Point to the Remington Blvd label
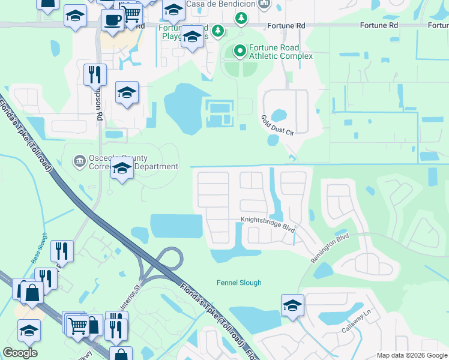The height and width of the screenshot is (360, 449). [330, 247]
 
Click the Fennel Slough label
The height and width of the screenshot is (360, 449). [239, 283]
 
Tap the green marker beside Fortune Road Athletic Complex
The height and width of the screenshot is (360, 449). [240, 51]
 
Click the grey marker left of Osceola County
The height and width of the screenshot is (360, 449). [79, 161]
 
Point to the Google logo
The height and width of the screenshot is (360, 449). [20, 353]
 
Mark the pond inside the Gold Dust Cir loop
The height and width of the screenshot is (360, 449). [279, 115]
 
